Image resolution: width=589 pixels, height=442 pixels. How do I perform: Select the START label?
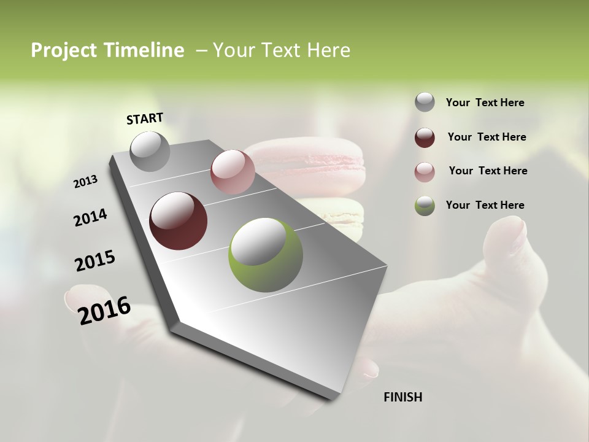point(145,118)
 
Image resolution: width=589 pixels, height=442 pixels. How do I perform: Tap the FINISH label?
point(402,397)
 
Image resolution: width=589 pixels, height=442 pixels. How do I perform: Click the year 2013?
point(86,182)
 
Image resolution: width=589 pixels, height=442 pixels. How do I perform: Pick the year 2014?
point(90,217)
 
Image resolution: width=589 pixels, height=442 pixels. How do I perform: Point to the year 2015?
point(95,261)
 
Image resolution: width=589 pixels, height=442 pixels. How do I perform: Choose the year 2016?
point(104,309)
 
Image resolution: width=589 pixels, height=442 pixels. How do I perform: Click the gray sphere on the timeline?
point(150,152)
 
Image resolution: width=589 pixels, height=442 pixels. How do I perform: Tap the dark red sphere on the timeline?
point(178,221)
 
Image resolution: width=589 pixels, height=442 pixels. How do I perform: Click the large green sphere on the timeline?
point(266,255)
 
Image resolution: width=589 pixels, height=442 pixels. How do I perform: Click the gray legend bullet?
point(425,103)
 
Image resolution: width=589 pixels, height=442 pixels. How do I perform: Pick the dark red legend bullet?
point(425,138)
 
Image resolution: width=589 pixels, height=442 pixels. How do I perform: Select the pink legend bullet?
point(425,172)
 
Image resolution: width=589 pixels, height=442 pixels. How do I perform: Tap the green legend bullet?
point(425,206)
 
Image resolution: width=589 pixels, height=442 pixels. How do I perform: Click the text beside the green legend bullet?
point(485,205)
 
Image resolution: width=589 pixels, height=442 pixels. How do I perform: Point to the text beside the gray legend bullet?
point(485,103)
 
